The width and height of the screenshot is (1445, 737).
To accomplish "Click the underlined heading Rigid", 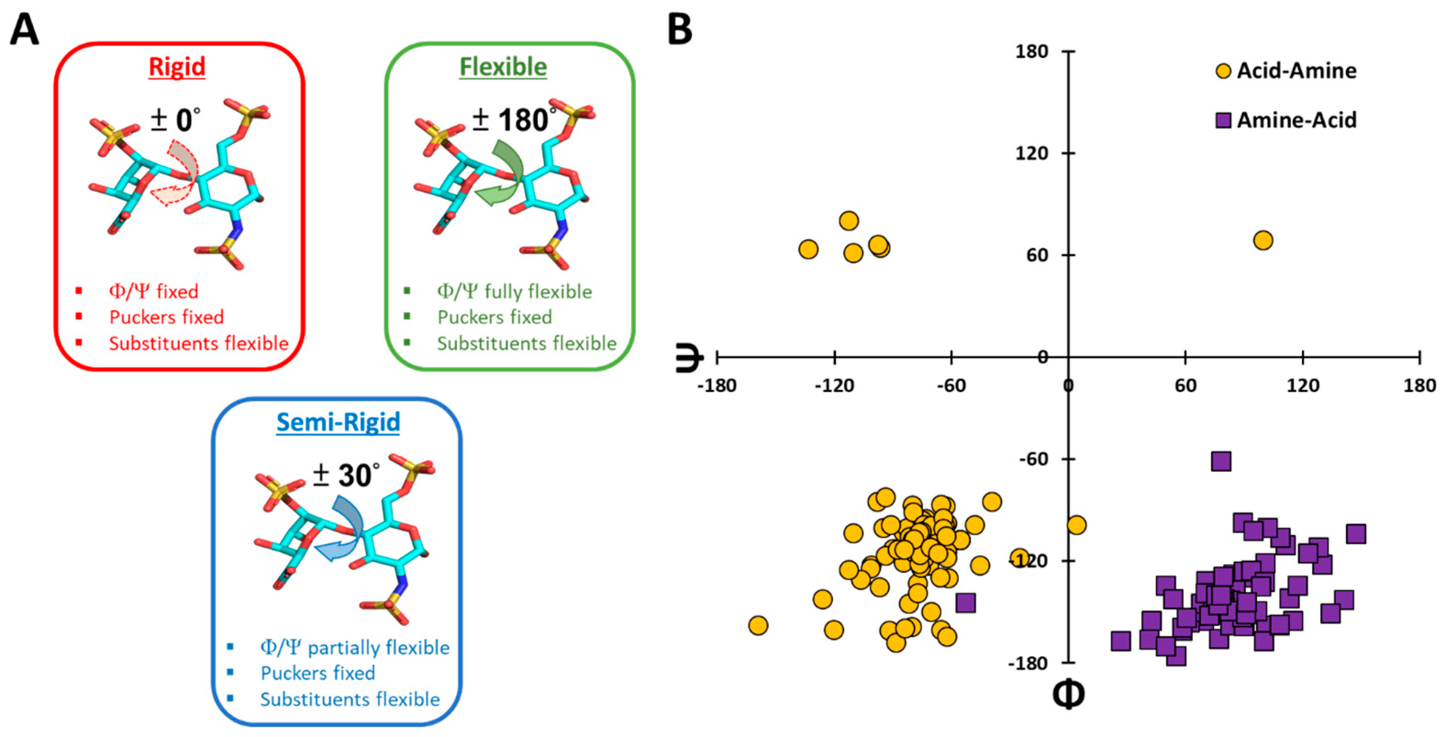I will point(177,67).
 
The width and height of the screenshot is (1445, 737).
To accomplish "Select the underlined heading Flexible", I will point(503,67).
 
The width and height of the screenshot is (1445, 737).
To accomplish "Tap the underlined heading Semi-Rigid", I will point(338,422).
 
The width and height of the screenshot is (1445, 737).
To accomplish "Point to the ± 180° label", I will point(513,119).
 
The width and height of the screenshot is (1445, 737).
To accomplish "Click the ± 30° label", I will point(345,475).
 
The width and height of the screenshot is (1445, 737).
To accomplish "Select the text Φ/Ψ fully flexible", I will point(514,292).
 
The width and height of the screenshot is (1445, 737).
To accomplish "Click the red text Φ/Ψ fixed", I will point(153,292).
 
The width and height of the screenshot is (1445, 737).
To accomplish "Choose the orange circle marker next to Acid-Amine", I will point(1223,71).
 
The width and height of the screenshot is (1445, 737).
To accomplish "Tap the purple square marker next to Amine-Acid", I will point(1223,120).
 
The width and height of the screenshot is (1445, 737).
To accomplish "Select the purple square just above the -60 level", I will point(1221,461).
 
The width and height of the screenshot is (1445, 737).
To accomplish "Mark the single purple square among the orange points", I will point(965,603).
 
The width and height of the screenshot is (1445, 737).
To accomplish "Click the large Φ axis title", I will point(1067,695).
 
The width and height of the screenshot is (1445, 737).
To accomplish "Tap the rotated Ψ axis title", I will point(688,357).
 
